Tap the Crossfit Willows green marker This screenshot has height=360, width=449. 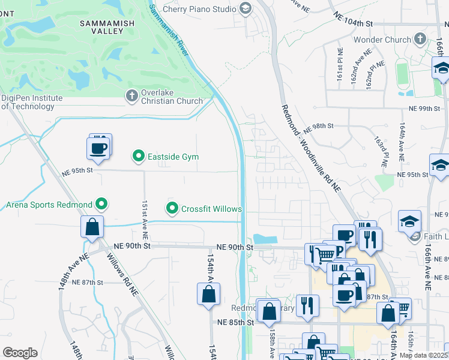pyautogui.click(x=173, y=209)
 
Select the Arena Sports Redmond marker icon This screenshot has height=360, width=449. pyautogui.click(x=101, y=205)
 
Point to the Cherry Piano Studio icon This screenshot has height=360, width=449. pyautogui.click(x=245, y=8)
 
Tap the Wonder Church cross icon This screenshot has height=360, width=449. pyautogui.click(x=420, y=40)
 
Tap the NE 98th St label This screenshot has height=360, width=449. pyautogui.click(x=318, y=130)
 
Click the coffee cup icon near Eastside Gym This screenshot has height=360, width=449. pyautogui.click(x=97, y=148)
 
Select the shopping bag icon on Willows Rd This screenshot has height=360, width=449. pyautogui.click(x=92, y=227)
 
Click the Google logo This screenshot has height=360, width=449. pyautogui.click(x=20, y=353)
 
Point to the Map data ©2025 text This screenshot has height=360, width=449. pyautogui.click(x=424, y=355)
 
